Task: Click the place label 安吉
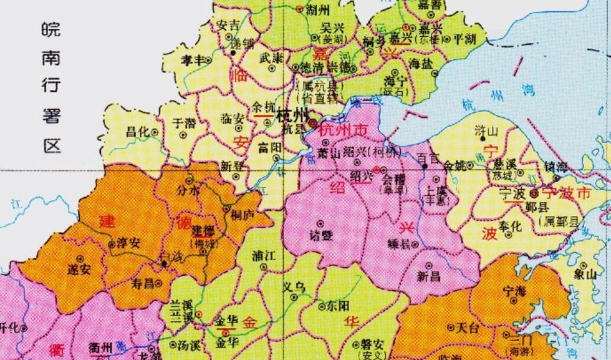227,26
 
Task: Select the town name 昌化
137,132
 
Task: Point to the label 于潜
183,123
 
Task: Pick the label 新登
231,166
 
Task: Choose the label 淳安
128,243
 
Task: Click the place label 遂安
79,270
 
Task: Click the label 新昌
428,275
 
